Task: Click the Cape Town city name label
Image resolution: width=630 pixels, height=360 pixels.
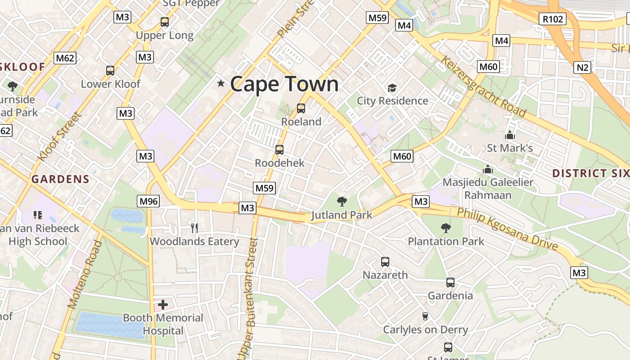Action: click(x=284, y=84)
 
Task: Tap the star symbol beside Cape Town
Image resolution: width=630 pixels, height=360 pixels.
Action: click(x=221, y=83)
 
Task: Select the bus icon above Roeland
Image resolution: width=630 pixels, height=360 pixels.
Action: click(x=301, y=108)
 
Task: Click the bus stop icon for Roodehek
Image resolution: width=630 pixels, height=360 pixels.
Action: click(x=279, y=150)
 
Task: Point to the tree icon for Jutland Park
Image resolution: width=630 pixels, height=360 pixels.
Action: click(x=342, y=201)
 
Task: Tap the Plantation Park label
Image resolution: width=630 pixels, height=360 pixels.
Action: click(x=446, y=241)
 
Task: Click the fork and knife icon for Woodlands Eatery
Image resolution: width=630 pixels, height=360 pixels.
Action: click(x=194, y=228)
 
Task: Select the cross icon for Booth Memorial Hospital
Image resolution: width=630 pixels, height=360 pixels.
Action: click(x=163, y=305)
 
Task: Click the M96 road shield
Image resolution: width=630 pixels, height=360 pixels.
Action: click(x=148, y=201)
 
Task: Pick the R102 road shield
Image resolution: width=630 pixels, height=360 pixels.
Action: click(x=552, y=19)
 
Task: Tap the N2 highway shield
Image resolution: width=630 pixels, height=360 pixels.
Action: click(x=582, y=67)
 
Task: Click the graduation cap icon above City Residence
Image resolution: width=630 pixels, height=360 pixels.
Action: click(x=392, y=88)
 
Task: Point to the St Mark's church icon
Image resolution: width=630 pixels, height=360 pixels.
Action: click(x=510, y=135)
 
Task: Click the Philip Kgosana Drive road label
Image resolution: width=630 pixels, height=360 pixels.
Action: click(x=508, y=229)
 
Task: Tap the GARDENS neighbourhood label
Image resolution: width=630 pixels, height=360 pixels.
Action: click(x=60, y=179)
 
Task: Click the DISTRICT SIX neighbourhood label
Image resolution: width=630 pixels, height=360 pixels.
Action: click(x=590, y=173)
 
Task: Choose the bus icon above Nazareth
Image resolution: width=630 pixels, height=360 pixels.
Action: click(x=385, y=262)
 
